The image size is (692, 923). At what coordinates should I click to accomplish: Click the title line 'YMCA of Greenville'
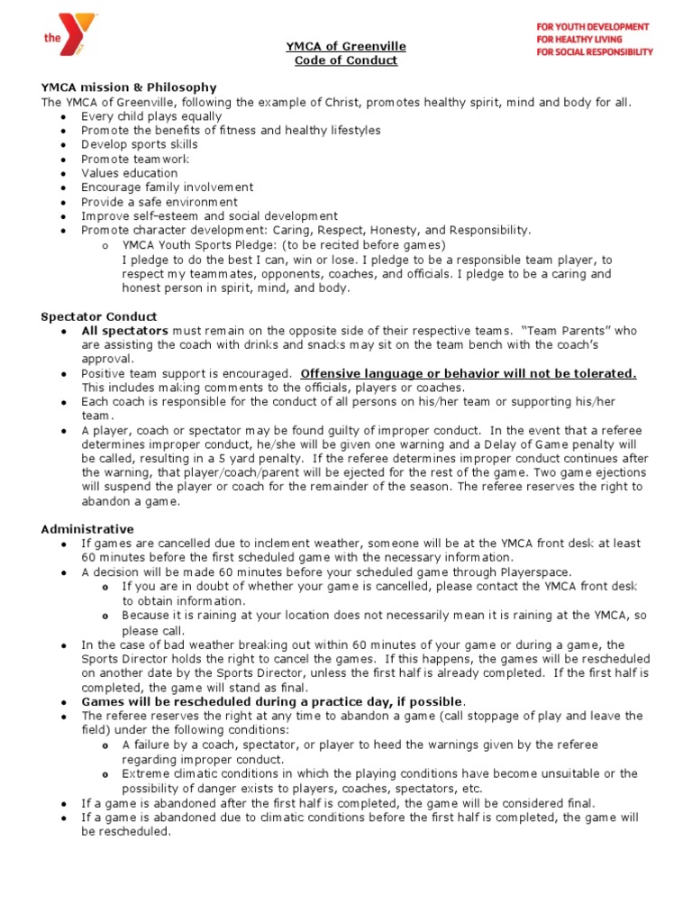(346, 46)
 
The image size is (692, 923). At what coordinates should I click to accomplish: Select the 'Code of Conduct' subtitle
(346, 60)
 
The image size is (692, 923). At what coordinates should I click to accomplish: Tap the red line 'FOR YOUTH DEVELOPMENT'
(593, 27)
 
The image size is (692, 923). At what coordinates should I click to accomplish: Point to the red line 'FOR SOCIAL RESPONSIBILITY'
(593, 52)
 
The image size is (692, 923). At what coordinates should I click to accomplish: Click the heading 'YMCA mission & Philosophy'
(129, 87)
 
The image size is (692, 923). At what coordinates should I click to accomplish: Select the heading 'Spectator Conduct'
(99, 316)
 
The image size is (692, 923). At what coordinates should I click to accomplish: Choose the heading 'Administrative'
(87, 528)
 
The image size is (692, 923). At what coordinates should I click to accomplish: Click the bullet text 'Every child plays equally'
(151, 116)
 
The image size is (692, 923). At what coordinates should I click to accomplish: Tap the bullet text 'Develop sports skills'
(140, 144)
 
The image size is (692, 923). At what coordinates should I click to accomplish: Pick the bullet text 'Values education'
(130, 173)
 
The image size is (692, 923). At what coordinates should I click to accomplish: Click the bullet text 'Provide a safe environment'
(159, 202)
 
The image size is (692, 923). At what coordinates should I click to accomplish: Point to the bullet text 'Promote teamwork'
(135, 159)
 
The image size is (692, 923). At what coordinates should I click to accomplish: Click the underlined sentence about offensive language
(469, 373)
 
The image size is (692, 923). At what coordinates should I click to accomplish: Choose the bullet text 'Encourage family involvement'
(168, 187)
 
